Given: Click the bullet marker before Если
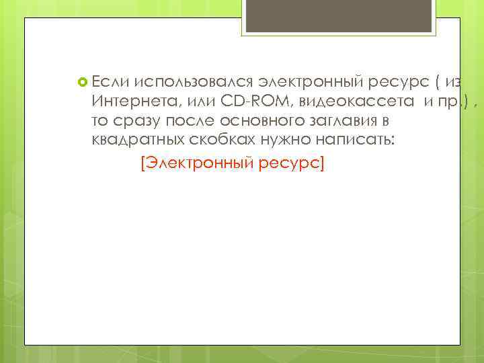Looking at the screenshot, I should coord(82,83).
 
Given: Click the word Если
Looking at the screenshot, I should coord(110,82).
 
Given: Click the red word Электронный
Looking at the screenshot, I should coord(199,163).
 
